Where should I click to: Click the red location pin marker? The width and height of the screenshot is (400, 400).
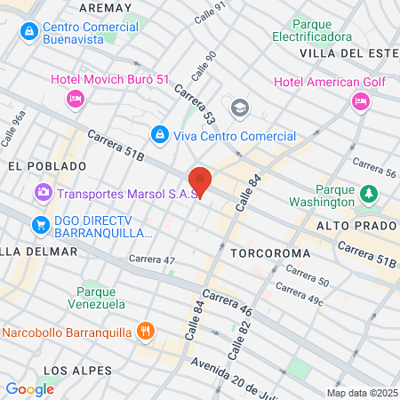click(x=200, y=180)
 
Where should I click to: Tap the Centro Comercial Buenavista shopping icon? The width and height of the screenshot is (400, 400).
click(x=29, y=33)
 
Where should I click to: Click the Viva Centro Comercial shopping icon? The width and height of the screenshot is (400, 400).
click(x=159, y=135)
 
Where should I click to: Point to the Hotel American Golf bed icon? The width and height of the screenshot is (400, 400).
click(x=361, y=101)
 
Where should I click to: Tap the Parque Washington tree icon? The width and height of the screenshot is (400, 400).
click(x=368, y=192)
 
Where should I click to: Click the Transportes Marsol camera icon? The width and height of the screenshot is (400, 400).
click(x=43, y=192)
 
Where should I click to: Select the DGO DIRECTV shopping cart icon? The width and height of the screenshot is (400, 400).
click(x=40, y=223)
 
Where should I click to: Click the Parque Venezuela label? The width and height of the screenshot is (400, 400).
click(x=100, y=298)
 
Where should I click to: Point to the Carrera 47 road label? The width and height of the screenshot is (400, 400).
click(x=152, y=260)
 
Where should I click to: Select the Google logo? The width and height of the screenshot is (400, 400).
click(x=29, y=388)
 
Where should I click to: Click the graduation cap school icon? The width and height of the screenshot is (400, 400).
click(x=238, y=108)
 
